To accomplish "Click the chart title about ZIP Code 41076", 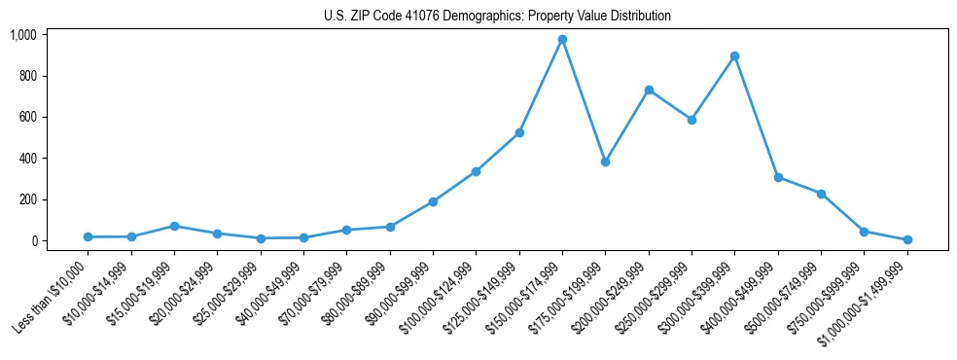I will pos(497,16).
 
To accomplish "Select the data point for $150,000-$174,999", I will pos(562,40).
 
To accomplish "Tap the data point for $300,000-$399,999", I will pos(734,56).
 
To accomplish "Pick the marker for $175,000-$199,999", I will pos(605,162).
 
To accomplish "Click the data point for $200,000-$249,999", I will pos(649,90).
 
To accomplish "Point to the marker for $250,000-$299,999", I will pos(691,121).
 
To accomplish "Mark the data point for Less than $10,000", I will pos(89,236).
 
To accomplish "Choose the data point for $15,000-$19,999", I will pos(174,226).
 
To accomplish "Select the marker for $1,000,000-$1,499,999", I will pos(906,239).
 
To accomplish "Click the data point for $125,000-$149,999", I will pos(519,132).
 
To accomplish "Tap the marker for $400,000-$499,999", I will pos(778,177).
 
